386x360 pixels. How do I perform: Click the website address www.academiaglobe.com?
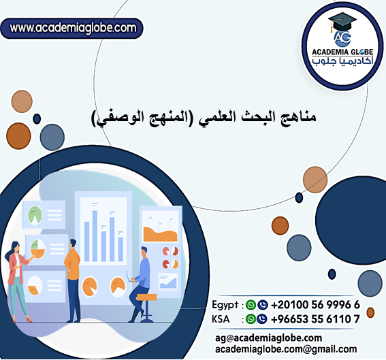pos(74,28)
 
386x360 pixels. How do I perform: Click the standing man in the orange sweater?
pos(73,279)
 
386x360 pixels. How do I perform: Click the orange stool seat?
pos(144,297)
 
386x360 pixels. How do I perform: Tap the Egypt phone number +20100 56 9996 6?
pos(316,304)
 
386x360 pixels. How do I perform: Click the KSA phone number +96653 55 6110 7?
pos(316,318)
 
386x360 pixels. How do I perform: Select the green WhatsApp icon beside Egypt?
pos(251,305)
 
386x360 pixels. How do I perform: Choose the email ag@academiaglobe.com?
pos(268,338)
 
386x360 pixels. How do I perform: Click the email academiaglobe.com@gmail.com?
pos(285,349)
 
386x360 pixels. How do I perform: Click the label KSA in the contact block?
pos(222,318)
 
